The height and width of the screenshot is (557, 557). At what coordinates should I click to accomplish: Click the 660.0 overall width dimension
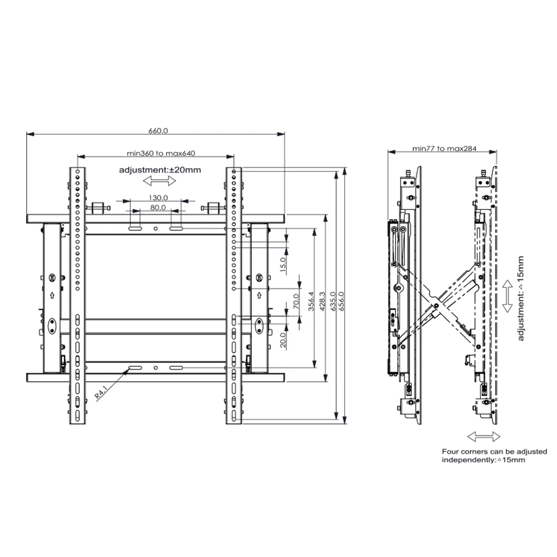coord(158,131)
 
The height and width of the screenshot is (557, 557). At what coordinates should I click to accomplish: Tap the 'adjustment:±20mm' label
coord(159,170)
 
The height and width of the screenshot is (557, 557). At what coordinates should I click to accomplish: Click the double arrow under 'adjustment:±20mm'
coord(156,181)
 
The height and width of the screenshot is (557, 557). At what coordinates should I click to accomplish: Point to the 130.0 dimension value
coord(158,198)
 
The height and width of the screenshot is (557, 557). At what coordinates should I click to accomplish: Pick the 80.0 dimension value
coord(158,208)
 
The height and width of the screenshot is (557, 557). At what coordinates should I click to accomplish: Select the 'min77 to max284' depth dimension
coord(442,148)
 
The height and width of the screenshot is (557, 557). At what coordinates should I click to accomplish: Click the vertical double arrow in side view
coord(507,296)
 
